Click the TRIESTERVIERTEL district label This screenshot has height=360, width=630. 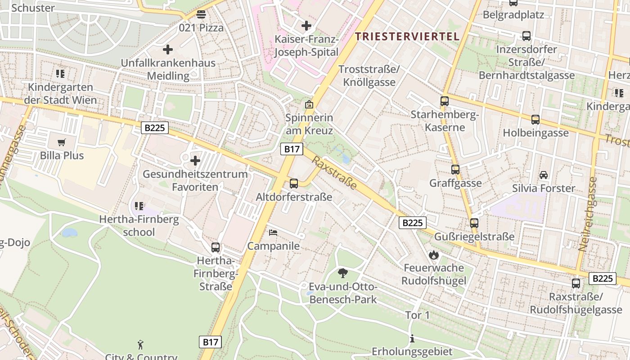pos(407,36)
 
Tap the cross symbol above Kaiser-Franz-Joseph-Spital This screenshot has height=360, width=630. pos(306,26)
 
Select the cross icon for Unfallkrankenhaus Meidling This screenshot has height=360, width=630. pos(168,49)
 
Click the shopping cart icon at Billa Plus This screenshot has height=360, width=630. pos(62,143)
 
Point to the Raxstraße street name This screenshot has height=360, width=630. pos(334,173)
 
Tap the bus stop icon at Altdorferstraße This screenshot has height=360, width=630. pos(294,183)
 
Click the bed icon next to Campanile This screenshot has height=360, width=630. pos(273,233)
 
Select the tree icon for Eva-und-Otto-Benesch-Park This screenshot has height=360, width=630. pos(343,273)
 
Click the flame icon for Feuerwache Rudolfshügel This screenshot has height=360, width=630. pos(433,255)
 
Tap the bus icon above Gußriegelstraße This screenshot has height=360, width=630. pos(474,223)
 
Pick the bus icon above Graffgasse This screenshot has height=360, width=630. pos(455,170)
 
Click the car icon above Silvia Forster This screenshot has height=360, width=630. pos(544,175)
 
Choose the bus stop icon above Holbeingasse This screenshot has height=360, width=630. pos(535,119)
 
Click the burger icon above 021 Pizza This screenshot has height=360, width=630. pos(201,14)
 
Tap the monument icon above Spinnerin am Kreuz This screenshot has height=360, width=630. pos(309,104)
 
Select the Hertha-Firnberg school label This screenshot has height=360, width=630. pos(139,226)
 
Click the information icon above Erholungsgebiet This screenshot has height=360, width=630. pos(412,338)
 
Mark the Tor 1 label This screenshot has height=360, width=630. pos(418,315)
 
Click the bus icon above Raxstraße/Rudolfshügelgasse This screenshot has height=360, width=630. pos(576,283)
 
